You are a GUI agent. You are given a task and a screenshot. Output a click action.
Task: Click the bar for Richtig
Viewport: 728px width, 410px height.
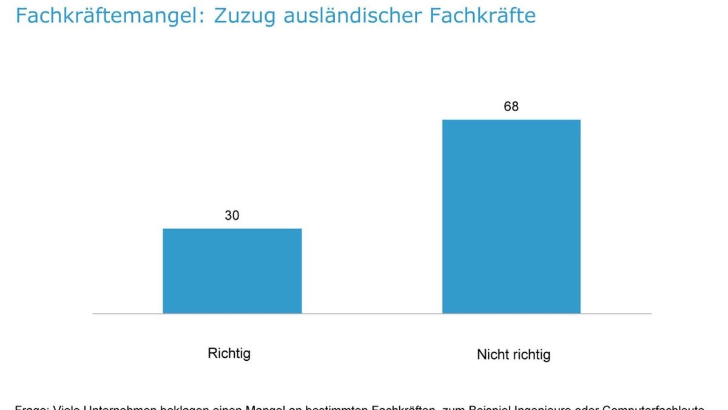(x=232, y=271)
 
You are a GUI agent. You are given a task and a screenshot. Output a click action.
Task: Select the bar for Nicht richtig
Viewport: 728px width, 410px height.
(x=511, y=216)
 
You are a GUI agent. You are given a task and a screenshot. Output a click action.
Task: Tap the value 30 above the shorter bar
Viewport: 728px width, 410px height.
(x=232, y=215)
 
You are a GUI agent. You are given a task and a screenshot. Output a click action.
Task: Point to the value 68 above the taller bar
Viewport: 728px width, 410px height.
(x=511, y=106)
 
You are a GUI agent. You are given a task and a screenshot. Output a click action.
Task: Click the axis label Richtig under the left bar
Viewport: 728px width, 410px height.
(x=229, y=354)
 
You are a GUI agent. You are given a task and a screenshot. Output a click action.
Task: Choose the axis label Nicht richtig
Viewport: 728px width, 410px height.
(x=513, y=355)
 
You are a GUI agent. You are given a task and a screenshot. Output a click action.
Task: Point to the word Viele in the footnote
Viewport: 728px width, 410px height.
(x=66, y=408)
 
